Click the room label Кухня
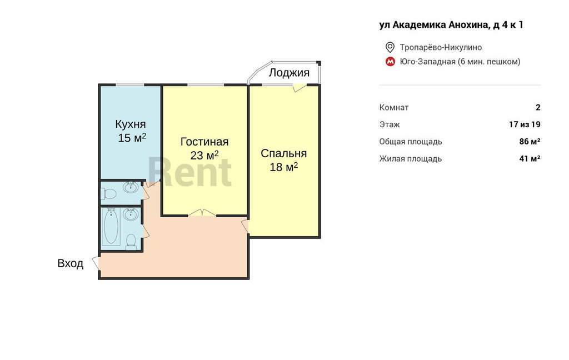click(x=130, y=124)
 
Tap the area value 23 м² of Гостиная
click(x=204, y=156)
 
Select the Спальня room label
click(x=283, y=153)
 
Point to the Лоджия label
click(x=289, y=73)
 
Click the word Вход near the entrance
click(x=71, y=263)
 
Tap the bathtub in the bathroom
click(x=111, y=227)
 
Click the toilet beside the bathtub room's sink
click(x=131, y=242)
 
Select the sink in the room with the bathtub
click(x=130, y=214)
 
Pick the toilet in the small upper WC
click(x=108, y=194)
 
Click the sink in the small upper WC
click(x=130, y=187)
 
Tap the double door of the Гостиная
click(x=202, y=213)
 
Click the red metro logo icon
click(x=390, y=62)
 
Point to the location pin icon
click(x=390, y=47)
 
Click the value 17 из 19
click(x=525, y=124)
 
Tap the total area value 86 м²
click(x=530, y=142)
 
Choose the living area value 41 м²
click(x=530, y=158)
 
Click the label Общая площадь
click(x=411, y=142)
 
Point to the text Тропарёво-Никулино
click(x=441, y=48)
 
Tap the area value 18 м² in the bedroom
click(x=283, y=167)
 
